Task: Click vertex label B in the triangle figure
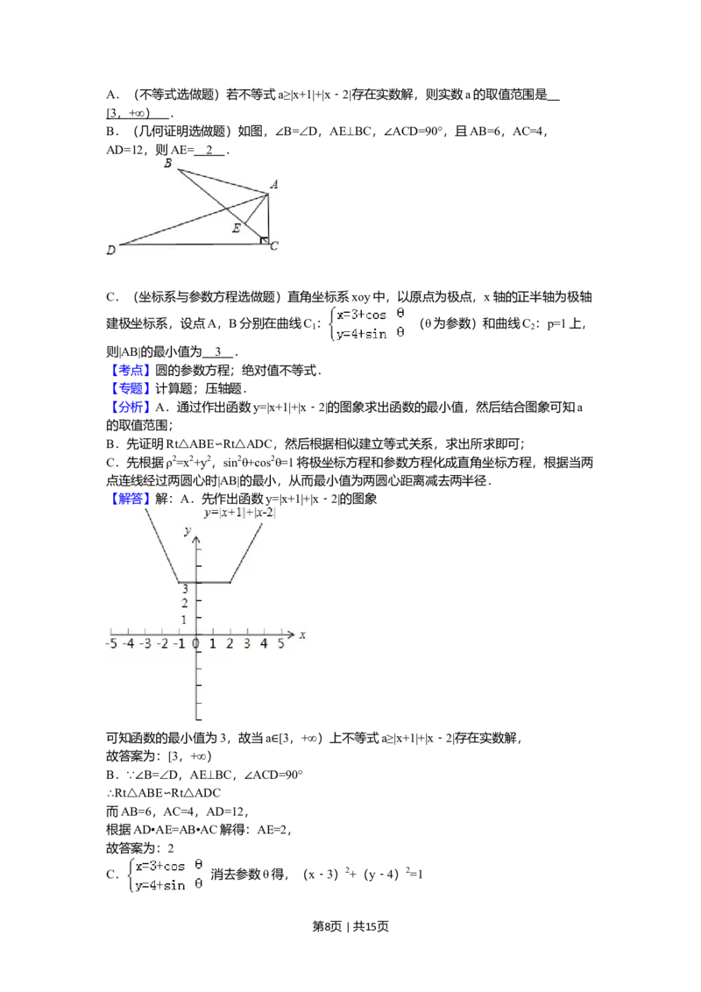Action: click(x=167, y=164)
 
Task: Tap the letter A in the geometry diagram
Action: click(x=274, y=185)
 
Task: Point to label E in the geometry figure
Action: click(x=235, y=229)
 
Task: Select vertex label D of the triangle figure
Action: click(x=111, y=252)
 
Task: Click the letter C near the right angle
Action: click(x=274, y=246)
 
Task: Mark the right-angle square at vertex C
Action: click(x=265, y=239)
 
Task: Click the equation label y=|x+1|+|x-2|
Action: click(x=240, y=513)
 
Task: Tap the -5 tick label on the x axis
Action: click(x=110, y=644)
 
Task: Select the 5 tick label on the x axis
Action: click(x=281, y=644)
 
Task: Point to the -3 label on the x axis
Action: click(x=145, y=644)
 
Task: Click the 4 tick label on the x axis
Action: click(x=264, y=644)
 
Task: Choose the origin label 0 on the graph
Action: click(x=196, y=644)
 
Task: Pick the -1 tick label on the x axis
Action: click(x=179, y=644)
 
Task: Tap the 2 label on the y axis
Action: click(x=185, y=603)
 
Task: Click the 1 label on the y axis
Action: click(x=185, y=620)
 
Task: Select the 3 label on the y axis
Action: click(x=185, y=588)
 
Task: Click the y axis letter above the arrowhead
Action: click(x=187, y=531)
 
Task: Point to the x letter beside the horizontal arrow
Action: click(x=302, y=634)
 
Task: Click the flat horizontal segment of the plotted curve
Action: click(x=204, y=582)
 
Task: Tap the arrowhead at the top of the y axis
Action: click(x=196, y=542)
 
